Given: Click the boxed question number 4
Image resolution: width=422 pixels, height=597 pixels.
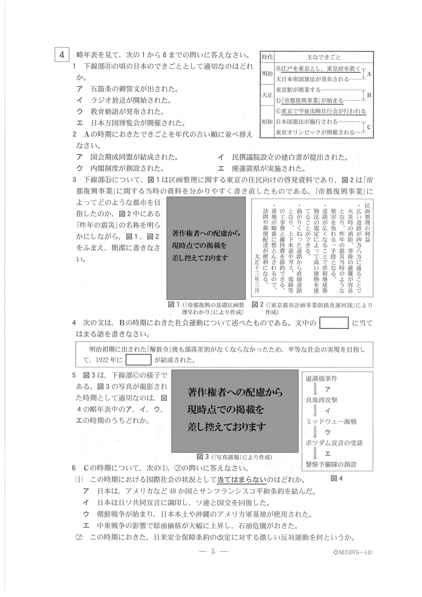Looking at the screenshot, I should coord(62,55).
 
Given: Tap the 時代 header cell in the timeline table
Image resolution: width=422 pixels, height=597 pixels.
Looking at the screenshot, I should coord(267,57).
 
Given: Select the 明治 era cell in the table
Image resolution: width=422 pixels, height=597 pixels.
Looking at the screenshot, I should coord(267,73).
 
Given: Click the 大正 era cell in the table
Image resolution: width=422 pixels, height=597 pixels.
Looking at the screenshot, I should coord(267,95).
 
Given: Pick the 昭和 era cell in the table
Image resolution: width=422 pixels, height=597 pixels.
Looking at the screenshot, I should coord(267,122).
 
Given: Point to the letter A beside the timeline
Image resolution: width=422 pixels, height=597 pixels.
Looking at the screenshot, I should coord(369,74).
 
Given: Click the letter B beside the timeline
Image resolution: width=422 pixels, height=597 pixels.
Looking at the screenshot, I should coord(369,95).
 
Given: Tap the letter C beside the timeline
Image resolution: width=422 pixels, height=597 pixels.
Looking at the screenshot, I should coord(369,127).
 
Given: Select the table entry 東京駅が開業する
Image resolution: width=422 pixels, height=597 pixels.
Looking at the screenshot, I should coord(298,90).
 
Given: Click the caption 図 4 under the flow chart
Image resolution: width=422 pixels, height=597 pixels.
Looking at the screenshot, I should coord(337,478).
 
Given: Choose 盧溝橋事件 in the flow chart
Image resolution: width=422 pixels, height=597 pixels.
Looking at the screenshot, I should coord(321,379).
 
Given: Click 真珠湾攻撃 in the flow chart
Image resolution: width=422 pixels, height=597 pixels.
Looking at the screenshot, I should coord(321,400).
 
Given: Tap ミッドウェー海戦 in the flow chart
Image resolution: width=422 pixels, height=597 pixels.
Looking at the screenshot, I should coord(331,421).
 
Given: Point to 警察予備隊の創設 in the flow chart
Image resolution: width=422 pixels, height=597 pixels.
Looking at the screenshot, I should coord(331,464).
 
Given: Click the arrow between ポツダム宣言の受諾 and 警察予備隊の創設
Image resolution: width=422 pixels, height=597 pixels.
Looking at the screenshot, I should coord(315,453).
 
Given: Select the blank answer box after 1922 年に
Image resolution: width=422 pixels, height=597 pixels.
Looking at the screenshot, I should coord(138,360).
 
